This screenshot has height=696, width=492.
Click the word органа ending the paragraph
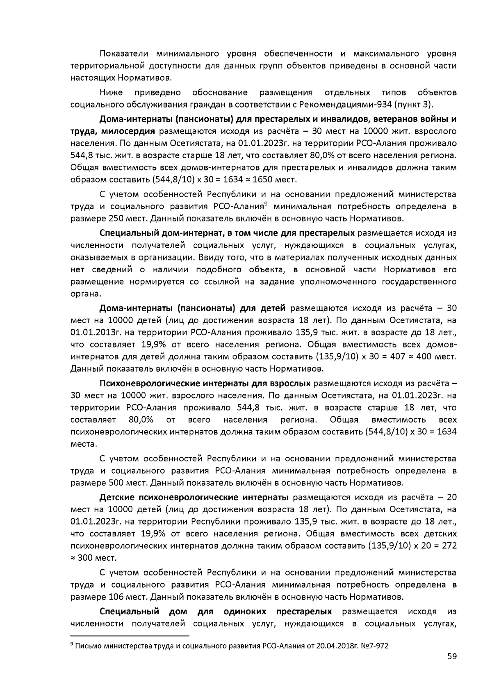[x=84, y=294]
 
